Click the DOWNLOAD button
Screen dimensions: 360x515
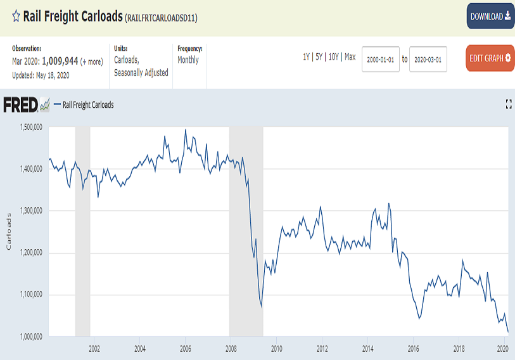click(490, 16)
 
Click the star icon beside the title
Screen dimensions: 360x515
click(16, 16)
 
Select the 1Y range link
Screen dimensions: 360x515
click(306, 57)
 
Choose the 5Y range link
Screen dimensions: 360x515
click(319, 57)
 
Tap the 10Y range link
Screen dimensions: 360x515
click(334, 57)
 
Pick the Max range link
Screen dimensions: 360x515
click(350, 57)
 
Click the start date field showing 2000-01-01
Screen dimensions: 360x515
click(381, 59)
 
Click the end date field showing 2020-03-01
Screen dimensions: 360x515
click(428, 59)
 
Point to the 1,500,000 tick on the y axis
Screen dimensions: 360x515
click(29, 127)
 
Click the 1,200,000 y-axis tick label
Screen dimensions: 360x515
click(29, 252)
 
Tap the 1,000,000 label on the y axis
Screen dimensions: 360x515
click(29, 336)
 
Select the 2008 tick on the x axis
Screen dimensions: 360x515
click(231, 348)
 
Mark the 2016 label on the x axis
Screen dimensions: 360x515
click(413, 348)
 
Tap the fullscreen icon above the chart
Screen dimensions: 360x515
click(508, 105)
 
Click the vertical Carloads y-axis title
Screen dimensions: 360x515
click(9, 231)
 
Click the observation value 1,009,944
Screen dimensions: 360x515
click(60, 61)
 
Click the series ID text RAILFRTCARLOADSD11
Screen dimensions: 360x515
click(162, 18)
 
